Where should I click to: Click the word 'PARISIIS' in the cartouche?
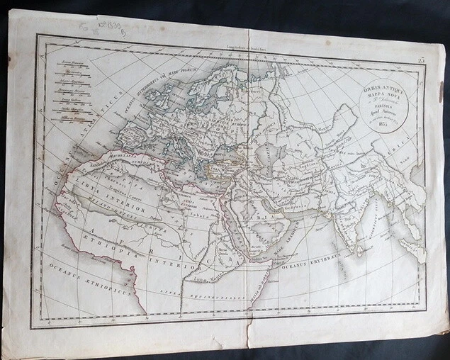368,113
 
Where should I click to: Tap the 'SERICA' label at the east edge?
407,145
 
